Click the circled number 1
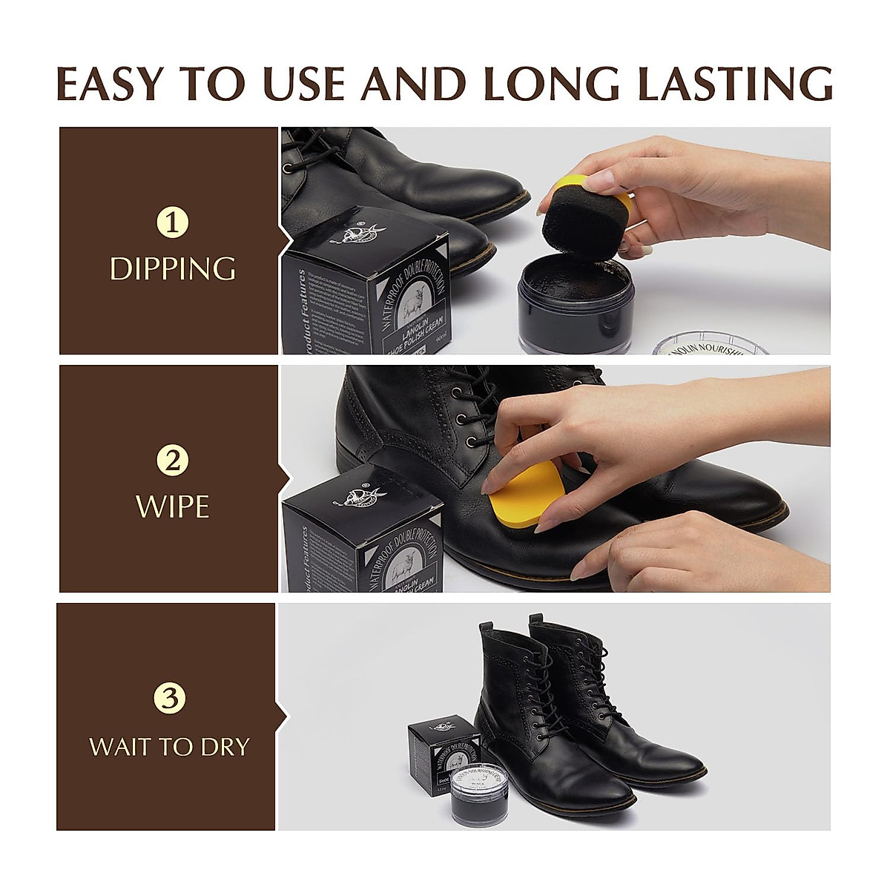(x=172, y=223)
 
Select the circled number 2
(x=172, y=461)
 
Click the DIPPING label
(x=172, y=269)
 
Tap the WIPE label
(x=172, y=507)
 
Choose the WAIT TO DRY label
(x=169, y=746)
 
